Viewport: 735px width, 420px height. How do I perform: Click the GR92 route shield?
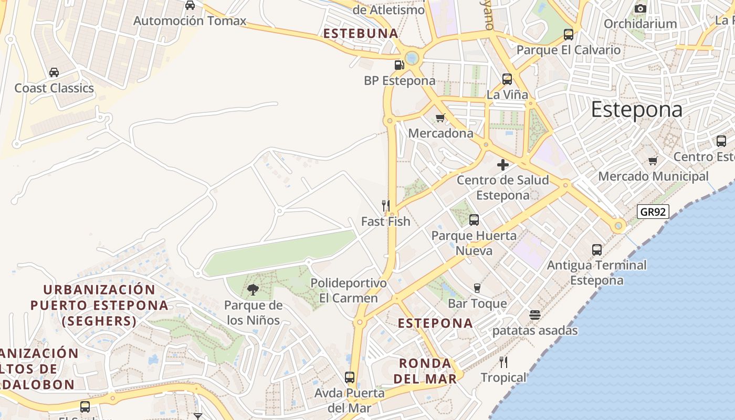653,212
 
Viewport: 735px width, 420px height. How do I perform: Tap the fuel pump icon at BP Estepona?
399,65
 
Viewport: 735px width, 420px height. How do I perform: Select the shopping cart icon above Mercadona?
440,118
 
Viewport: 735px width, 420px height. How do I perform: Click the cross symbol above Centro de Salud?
503,165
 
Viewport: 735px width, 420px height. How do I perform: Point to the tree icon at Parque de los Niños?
253,289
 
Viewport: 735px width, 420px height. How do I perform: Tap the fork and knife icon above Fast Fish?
386,205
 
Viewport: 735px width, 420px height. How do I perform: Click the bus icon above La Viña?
507,79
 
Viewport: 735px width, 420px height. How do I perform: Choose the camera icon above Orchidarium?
640,8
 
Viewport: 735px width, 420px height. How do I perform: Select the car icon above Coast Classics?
54,72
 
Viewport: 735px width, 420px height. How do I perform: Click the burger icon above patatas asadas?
534,315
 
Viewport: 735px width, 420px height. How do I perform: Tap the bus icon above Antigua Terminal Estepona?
597,250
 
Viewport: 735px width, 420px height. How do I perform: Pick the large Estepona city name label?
636,110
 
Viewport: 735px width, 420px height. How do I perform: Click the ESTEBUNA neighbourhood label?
361,34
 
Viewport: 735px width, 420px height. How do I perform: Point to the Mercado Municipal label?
653,176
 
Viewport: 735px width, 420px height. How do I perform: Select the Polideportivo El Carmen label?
349,290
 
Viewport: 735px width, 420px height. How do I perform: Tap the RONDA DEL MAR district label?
425,371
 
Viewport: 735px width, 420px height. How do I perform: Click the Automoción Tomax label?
190,21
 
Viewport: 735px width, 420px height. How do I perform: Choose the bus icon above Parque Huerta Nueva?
474,220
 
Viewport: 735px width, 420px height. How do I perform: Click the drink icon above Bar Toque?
477,288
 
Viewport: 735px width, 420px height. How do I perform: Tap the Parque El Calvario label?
568,50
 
